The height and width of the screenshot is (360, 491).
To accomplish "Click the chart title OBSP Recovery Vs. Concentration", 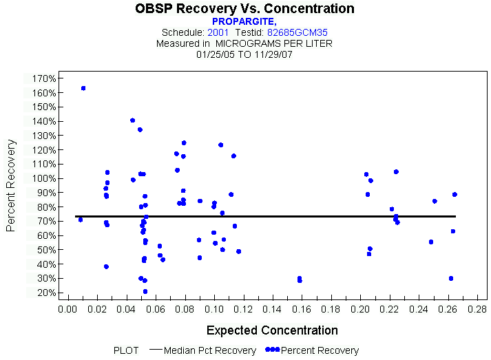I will [x=245, y=9].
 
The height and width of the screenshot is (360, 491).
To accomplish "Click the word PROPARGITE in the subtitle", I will [x=243, y=22].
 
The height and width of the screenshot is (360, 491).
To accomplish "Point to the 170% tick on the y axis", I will [x=43, y=78].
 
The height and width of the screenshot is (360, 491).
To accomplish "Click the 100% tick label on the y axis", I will [x=43, y=178].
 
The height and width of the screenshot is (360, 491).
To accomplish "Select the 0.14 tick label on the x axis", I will [x=272, y=309].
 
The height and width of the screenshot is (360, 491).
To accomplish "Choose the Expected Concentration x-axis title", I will [x=272, y=330].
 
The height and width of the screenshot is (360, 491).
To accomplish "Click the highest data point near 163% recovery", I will [x=83, y=88].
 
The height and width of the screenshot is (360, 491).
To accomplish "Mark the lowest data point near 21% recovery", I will [x=145, y=291].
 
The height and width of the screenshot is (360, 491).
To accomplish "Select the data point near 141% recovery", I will [x=133, y=120].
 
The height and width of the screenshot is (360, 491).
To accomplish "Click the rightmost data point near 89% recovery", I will [x=455, y=194].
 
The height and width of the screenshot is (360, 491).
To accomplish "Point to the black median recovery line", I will [x=275, y=216].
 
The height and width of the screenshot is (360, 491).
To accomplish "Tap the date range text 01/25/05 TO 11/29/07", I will [x=244, y=53].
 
